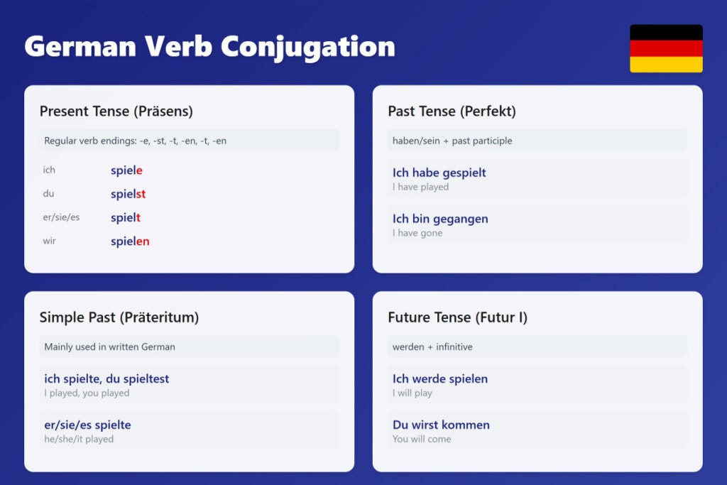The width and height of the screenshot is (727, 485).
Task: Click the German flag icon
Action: coord(666,48)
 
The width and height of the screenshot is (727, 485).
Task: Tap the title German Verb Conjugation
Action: coord(209,47)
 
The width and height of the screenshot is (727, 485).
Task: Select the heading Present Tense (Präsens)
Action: coord(116,111)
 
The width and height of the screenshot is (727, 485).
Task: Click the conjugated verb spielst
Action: coord(128,194)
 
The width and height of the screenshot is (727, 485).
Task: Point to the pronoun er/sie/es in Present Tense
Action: coord(61,217)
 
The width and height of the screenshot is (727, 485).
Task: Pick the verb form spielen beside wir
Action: coord(130,241)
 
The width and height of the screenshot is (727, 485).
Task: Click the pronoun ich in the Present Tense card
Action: coord(49,170)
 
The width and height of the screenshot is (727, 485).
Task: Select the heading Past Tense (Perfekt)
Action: coord(452,111)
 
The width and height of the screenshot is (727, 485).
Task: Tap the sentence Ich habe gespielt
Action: coord(439,173)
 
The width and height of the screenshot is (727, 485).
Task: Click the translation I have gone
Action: coord(417,233)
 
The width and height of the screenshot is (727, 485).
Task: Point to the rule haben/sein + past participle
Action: coord(452,141)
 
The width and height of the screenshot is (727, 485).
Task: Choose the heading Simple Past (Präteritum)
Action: coord(119,317)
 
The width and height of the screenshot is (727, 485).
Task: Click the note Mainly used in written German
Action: coord(109,347)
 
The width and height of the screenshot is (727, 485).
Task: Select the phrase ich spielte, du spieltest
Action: coord(106,378)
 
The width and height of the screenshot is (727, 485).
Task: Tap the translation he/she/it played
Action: coord(79,439)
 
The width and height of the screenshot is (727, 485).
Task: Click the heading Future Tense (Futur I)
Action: coord(457,317)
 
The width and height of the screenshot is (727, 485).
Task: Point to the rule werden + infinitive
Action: coord(432,347)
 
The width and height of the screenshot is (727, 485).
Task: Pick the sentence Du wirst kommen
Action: coord(441,425)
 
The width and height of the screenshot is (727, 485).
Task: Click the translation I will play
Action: coord(412,393)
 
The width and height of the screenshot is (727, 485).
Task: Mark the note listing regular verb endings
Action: coord(136,141)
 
